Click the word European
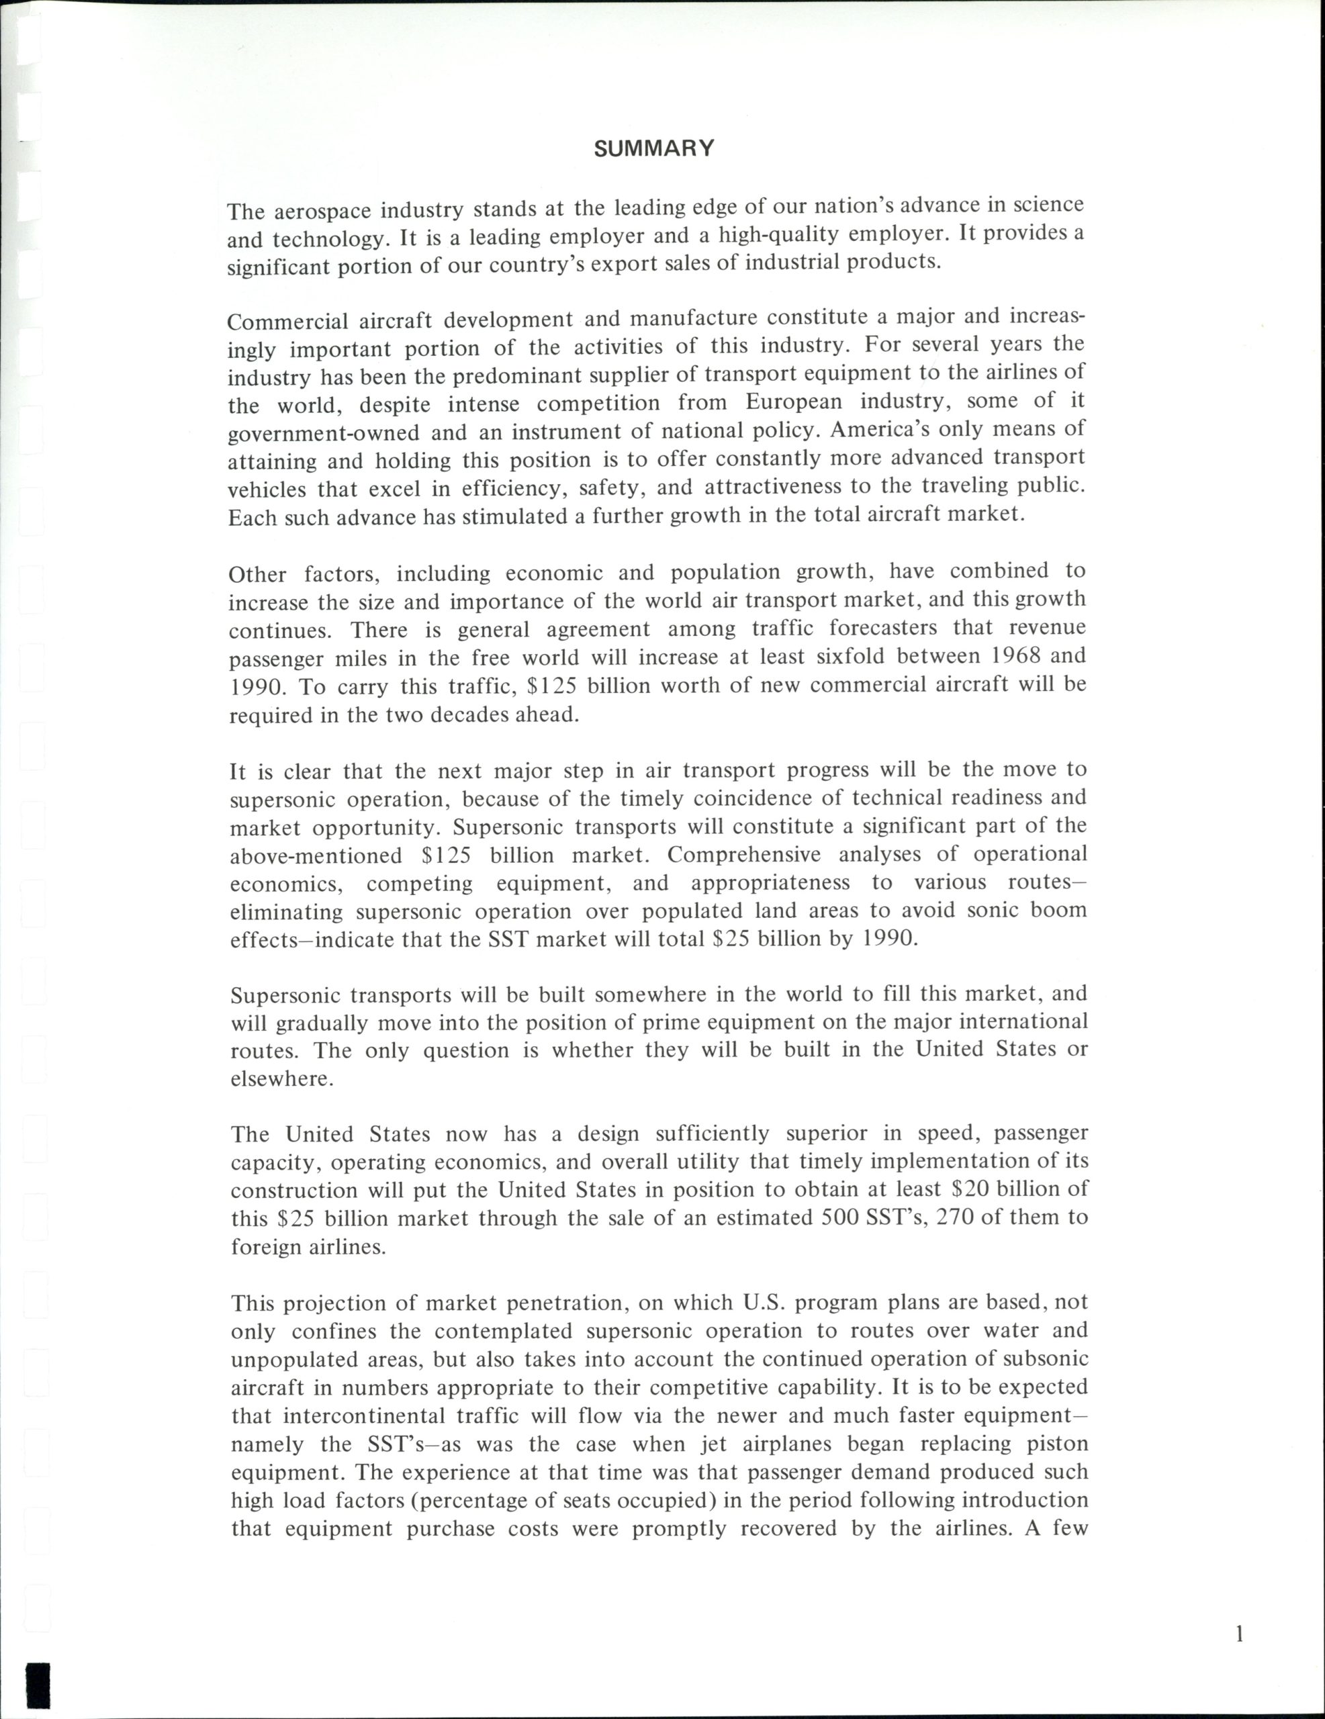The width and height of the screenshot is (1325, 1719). tap(794, 402)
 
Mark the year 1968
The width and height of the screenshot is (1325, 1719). tap(1006, 655)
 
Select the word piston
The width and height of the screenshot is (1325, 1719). tap(1057, 1444)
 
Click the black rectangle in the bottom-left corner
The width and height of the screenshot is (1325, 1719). tap(38, 1693)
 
